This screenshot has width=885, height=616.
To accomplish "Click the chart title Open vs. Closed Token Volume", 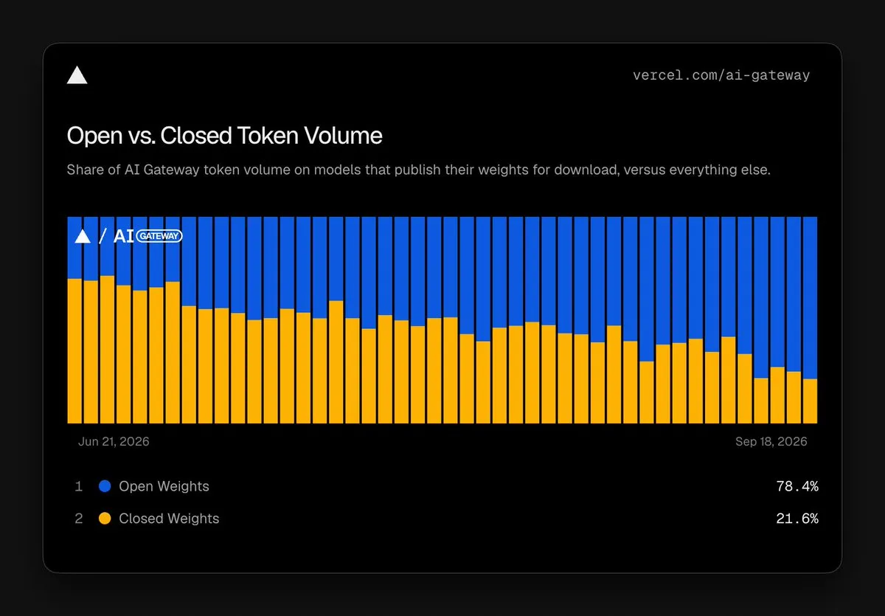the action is coord(224,136).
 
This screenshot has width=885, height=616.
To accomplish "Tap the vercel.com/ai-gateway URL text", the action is coord(721,75).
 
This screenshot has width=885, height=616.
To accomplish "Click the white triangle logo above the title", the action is coord(77,75).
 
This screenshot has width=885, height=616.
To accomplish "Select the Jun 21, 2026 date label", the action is coord(114,441).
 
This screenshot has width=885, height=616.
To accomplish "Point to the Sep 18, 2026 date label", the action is coord(771,441).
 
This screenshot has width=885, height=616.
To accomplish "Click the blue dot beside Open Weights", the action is coord(105,486).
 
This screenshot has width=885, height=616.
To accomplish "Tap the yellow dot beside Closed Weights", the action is coord(105,519).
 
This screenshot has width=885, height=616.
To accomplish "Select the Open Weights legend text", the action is coord(164,486).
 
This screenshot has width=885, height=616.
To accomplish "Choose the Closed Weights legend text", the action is coord(169,519).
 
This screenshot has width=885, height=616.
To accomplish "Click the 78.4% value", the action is coord(797,486).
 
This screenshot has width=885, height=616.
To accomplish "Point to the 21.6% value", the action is coord(797,519).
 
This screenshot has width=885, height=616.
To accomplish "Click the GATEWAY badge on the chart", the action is coord(159,236).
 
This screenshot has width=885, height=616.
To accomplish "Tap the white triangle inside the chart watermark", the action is coord(83,236).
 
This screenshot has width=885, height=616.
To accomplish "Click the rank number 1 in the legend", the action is coord(79,486).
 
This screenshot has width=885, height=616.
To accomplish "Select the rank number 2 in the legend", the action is coord(79,519).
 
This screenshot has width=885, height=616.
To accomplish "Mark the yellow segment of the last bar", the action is coord(810,401).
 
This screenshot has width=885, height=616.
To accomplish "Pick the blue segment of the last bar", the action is coord(810,298).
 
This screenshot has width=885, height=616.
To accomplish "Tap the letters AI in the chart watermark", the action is coord(123,236).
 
